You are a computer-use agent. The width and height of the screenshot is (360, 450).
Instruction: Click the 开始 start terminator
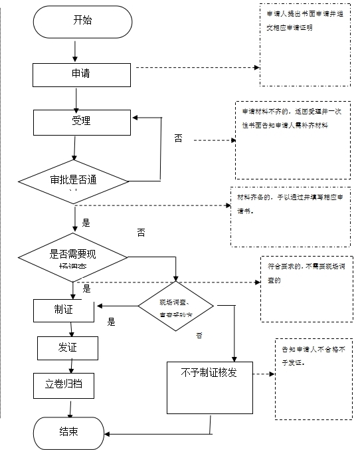pyautogui.click(x=82, y=21)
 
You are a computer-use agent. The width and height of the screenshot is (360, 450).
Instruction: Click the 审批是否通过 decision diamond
pyautogui.click(x=74, y=180)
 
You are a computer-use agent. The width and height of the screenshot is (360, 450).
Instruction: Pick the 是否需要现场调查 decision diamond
pyautogui.click(x=74, y=257)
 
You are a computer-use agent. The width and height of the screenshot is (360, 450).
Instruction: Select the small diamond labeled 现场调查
pyautogui.click(x=176, y=306)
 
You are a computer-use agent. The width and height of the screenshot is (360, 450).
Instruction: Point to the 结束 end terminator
pyautogui.click(x=69, y=431)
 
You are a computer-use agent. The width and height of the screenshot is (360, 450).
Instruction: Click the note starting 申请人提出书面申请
pyautogui.click(x=304, y=45)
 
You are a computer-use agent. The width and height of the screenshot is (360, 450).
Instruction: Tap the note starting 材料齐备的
pyautogui.click(x=290, y=217)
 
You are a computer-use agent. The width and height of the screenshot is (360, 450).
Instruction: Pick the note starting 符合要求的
pyautogui.click(x=305, y=286)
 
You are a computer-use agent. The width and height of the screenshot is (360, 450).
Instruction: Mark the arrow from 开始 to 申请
pyautogui.click(x=76, y=51)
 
